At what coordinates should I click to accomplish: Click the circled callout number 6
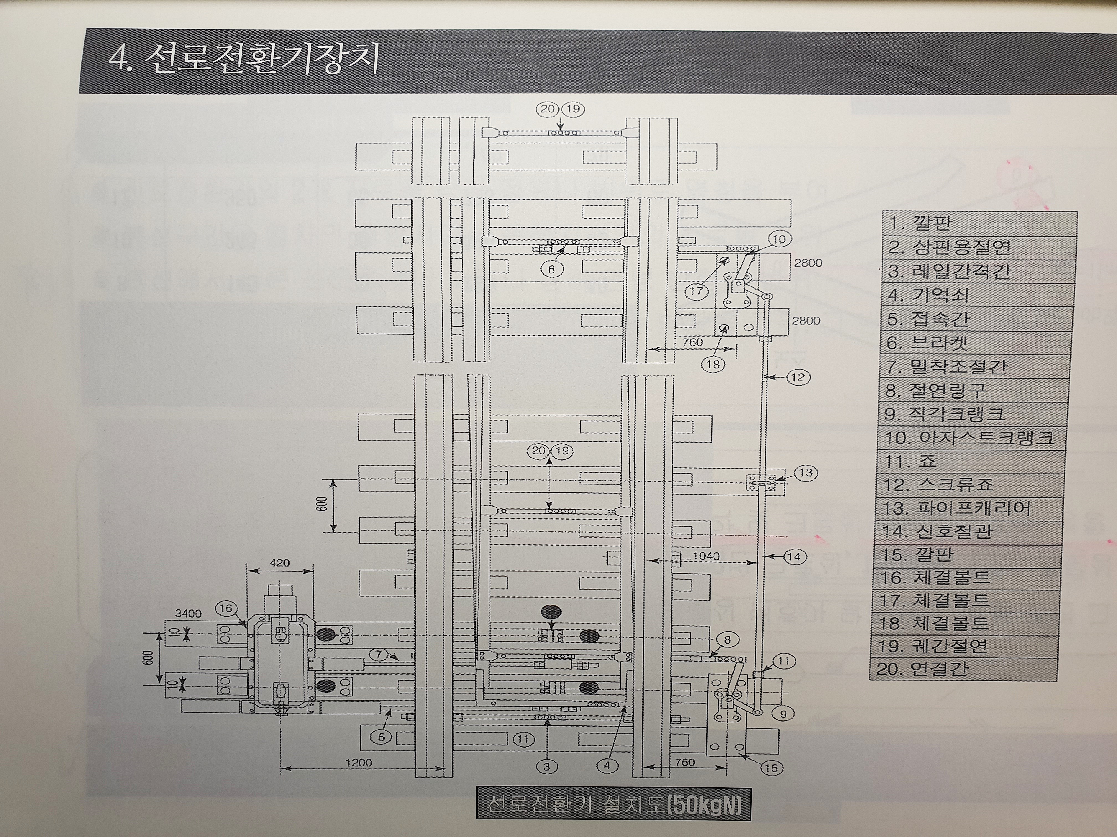(551, 269)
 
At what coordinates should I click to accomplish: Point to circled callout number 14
(793, 557)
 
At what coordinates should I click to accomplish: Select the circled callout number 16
(225, 608)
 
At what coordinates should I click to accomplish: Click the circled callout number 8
(727, 640)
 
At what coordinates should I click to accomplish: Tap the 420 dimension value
(280, 562)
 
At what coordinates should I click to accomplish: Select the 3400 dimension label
(188, 614)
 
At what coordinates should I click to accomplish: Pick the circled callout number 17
(696, 291)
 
